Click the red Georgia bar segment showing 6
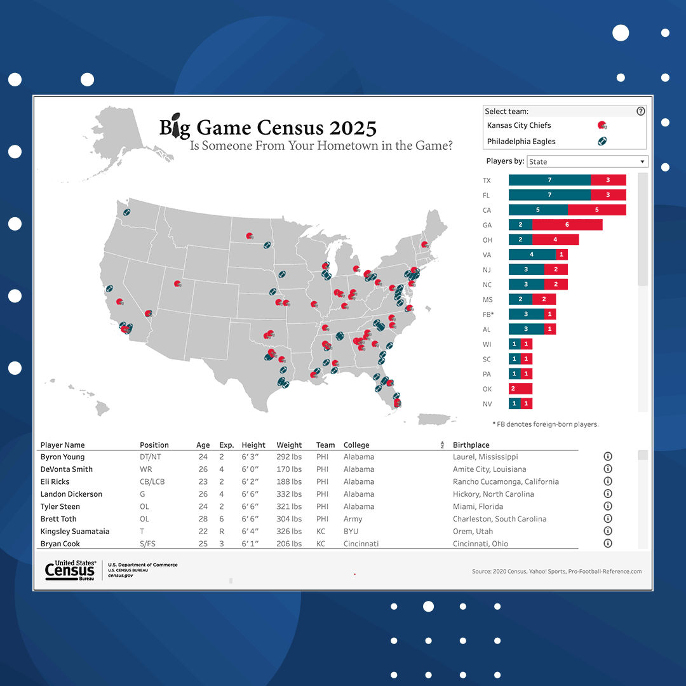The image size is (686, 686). point(567,225)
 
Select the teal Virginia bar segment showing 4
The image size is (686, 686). point(532,255)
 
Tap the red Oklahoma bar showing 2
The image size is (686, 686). point(520,389)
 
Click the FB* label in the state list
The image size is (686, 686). point(488,314)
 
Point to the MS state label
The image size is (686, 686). point(487,300)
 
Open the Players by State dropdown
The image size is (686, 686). point(588,161)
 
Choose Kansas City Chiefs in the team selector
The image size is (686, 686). point(519,125)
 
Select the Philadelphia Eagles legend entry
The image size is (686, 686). point(521,142)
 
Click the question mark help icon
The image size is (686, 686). point(640,111)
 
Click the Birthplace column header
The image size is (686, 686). point(471,445)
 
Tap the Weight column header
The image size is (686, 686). point(289,445)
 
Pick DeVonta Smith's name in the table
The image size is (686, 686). point(67,469)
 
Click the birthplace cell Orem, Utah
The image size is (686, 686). point(473,531)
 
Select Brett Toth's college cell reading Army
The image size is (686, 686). point(353,519)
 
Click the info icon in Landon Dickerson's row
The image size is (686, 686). point(607,494)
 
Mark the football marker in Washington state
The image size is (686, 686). point(126,212)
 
